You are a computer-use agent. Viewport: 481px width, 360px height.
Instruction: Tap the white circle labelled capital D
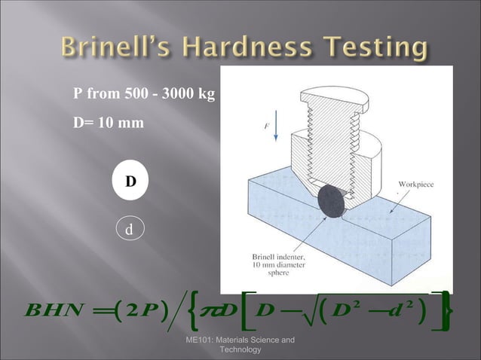click(130, 182)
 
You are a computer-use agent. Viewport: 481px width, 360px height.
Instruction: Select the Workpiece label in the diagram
click(415, 184)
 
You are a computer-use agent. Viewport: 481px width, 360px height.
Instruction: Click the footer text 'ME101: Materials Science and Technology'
click(240, 346)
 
